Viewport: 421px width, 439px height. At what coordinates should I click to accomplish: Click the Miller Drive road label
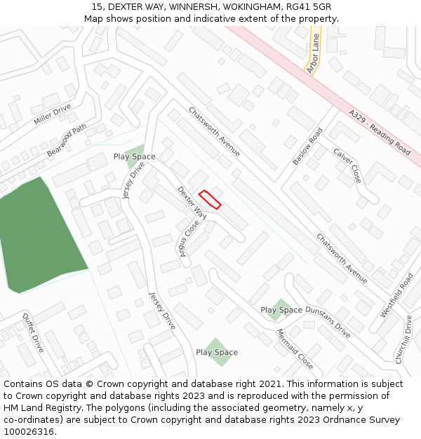point(53,114)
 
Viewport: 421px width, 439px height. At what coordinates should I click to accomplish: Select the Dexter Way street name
point(191,203)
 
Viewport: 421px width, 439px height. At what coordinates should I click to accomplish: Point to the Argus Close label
point(188,237)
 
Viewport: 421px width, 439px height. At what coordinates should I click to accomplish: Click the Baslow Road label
point(307,146)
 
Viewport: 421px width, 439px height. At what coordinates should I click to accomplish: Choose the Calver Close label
point(347,166)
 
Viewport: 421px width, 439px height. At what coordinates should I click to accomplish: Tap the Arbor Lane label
point(313,53)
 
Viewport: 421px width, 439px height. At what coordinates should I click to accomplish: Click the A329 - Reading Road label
point(380,132)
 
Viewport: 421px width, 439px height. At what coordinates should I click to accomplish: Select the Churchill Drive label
point(406,339)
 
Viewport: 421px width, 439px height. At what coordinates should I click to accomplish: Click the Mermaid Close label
point(295,349)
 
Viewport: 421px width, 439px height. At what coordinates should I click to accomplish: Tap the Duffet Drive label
point(33,332)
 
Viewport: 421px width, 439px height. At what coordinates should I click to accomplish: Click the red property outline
point(210,199)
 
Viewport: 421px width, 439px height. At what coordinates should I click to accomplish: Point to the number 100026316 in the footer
point(29,431)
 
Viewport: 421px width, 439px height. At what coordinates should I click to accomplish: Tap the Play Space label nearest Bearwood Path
point(134,156)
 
